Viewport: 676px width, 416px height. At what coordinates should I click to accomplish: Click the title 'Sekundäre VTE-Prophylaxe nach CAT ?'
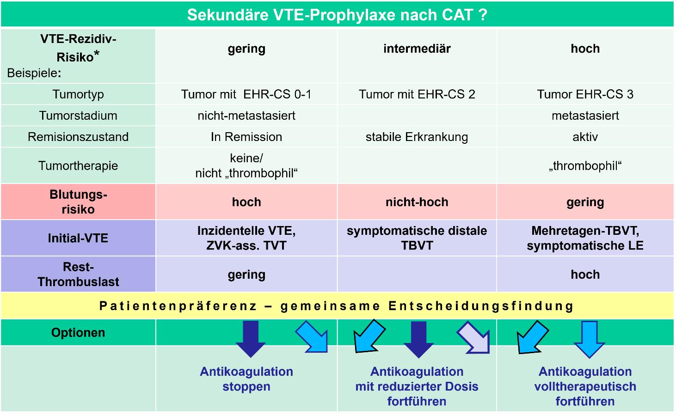click(337, 15)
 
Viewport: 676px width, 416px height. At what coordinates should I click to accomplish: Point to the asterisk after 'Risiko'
click(97, 54)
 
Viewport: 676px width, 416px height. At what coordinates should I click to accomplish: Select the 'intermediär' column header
click(417, 49)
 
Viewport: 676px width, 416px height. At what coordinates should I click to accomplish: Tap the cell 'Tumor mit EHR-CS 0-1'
click(246, 94)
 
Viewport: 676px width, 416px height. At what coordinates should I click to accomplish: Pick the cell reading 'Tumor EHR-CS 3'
click(585, 94)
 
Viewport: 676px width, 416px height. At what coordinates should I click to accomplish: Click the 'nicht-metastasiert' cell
click(246, 116)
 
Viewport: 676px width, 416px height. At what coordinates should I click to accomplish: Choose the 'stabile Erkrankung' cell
click(417, 137)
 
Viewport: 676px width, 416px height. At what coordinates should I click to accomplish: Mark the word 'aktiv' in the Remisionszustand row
click(585, 137)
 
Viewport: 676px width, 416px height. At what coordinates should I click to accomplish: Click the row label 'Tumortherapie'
click(78, 165)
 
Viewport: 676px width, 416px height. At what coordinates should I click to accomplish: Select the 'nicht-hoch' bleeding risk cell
click(417, 202)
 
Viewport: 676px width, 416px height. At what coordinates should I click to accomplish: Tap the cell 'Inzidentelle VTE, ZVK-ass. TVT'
click(246, 238)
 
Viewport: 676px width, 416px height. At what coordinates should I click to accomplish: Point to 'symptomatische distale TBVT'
click(417, 238)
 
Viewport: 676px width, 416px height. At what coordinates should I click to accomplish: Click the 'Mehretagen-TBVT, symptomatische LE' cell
click(585, 238)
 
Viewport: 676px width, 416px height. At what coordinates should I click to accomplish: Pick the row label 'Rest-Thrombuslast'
click(78, 274)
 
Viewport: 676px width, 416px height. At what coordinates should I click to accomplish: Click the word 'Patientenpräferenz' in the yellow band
click(178, 306)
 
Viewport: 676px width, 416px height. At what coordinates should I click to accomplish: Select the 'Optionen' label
click(78, 333)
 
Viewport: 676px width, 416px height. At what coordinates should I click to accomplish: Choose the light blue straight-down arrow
click(589, 339)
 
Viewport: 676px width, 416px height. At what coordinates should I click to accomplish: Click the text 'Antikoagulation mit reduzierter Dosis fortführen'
click(417, 386)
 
